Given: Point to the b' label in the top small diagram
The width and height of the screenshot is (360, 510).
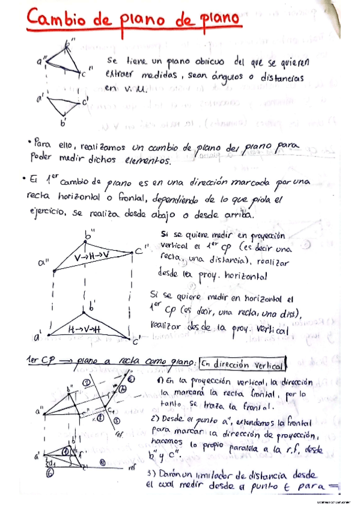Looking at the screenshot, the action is pyautogui.click(x=63, y=124).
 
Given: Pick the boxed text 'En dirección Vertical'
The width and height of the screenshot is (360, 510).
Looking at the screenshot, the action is pyautogui.click(x=243, y=364).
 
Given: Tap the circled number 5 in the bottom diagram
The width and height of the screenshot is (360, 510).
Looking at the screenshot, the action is pyautogui.click(x=117, y=420).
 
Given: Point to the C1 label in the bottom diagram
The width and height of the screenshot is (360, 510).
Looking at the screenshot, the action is pyautogui.click(x=111, y=409).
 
